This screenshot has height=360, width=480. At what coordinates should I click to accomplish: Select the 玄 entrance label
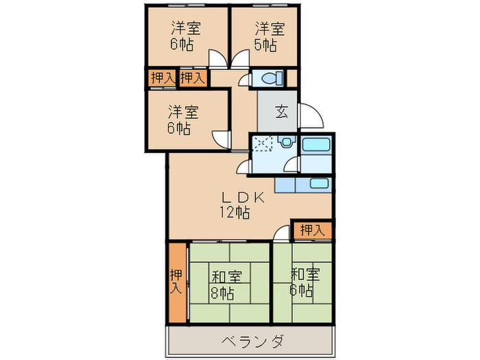point(281,111)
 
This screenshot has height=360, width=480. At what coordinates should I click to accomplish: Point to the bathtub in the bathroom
point(316,145)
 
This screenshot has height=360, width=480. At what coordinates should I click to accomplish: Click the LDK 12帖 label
point(234,204)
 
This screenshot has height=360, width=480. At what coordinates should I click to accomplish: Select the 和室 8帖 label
point(225,285)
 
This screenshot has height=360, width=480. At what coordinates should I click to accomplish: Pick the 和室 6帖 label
point(304,282)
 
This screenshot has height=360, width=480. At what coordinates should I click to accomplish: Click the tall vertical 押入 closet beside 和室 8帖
point(177,282)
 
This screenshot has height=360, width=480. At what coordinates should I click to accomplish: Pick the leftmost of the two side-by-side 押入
point(161,78)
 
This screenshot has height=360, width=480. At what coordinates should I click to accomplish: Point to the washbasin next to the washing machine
point(287,143)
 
